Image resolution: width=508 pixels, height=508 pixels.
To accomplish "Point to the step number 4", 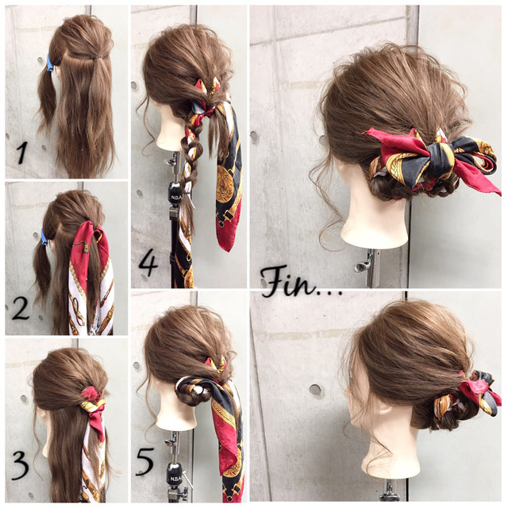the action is pos(148,264).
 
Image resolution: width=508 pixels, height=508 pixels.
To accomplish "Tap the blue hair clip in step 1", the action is pos(49,63).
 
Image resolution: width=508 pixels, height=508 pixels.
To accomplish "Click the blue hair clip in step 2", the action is pos(44,237).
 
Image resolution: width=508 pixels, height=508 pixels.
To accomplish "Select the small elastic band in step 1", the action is pos(97,58).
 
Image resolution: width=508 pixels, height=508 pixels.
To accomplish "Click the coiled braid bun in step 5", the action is pos(192,391).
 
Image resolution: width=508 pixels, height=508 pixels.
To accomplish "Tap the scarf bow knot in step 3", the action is pos(93,402).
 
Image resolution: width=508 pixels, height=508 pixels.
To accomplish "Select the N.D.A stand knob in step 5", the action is pos(174,472).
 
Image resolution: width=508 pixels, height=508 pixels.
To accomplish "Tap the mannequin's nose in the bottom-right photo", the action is pos(347,391).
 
